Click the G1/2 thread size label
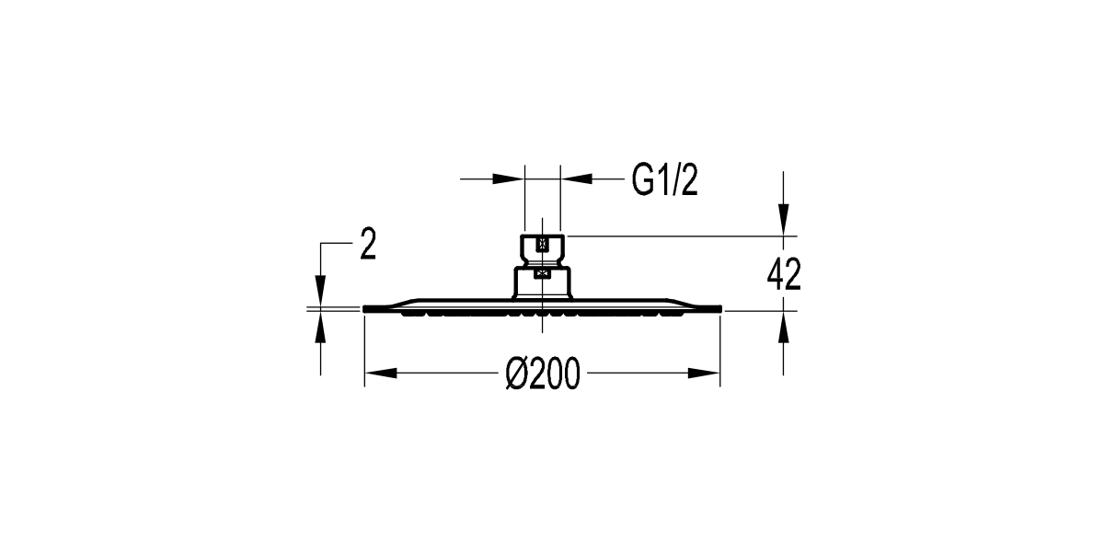[x=664, y=182]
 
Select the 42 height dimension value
[x=784, y=274]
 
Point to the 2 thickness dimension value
[x=368, y=246]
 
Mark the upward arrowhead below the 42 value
[x=782, y=326]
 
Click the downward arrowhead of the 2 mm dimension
[x=320, y=293]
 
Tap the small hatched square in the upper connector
[x=542, y=245]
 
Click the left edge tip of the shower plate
[x=366, y=308]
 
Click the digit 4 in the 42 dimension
[x=775, y=274]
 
